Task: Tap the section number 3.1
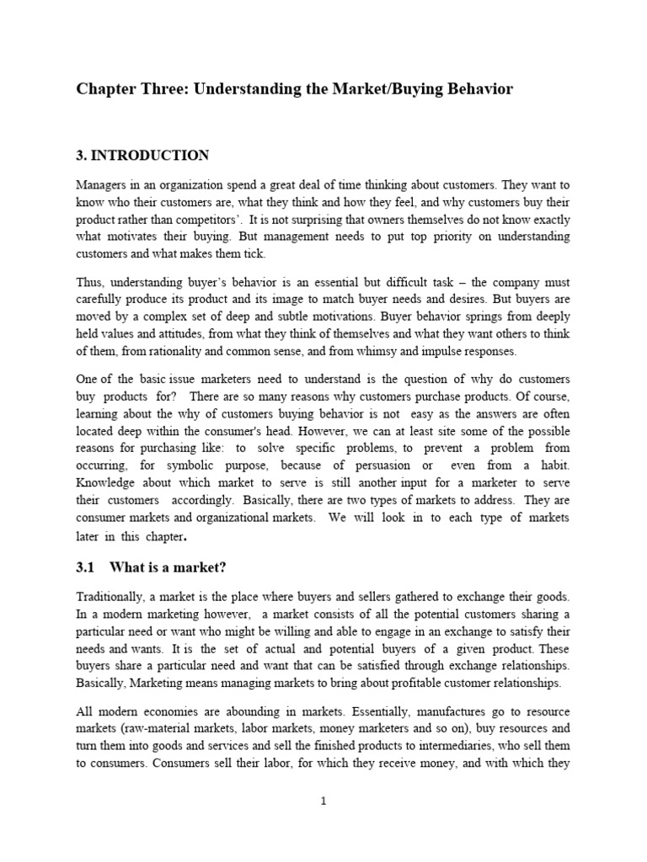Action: coord(87,568)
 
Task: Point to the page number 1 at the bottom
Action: coord(323,801)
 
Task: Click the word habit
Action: coord(554,465)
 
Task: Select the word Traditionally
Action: coord(115,596)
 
